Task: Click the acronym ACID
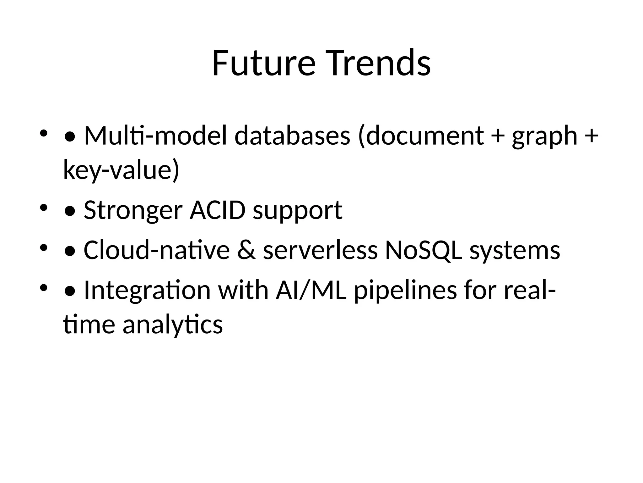point(217,210)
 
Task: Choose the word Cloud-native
point(157,250)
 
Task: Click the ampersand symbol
point(246,250)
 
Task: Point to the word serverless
point(320,250)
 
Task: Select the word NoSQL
point(424,250)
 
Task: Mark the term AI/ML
point(311,290)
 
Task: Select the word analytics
point(173,325)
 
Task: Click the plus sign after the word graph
point(592,136)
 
